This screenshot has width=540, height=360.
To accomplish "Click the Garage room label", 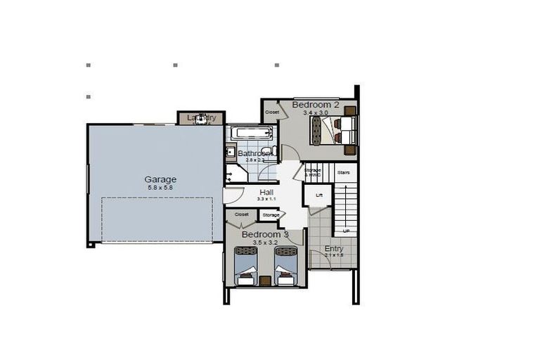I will click(x=161, y=179).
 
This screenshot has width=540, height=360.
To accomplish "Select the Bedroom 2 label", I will click(x=316, y=105).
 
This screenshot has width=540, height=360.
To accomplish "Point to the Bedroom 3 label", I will click(x=265, y=234).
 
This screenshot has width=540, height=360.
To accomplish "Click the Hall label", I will click(x=266, y=192).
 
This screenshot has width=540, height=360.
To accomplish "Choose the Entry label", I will click(x=333, y=249).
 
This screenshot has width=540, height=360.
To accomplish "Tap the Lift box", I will click(x=319, y=195).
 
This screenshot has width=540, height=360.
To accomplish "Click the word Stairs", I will click(x=344, y=172).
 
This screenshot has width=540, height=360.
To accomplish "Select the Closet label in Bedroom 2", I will click(x=272, y=112).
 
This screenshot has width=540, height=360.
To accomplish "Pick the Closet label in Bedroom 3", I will click(x=242, y=214).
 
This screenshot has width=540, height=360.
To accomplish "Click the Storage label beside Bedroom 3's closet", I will click(x=271, y=214).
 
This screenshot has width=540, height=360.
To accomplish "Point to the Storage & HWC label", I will click(x=313, y=172).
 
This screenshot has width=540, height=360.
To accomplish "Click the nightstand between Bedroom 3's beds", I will click(x=265, y=281).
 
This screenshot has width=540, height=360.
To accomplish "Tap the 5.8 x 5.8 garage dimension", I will click(x=161, y=188).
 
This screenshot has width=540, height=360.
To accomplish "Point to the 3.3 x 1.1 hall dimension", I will click(x=266, y=200).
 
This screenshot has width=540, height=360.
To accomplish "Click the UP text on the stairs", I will click(x=346, y=231).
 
